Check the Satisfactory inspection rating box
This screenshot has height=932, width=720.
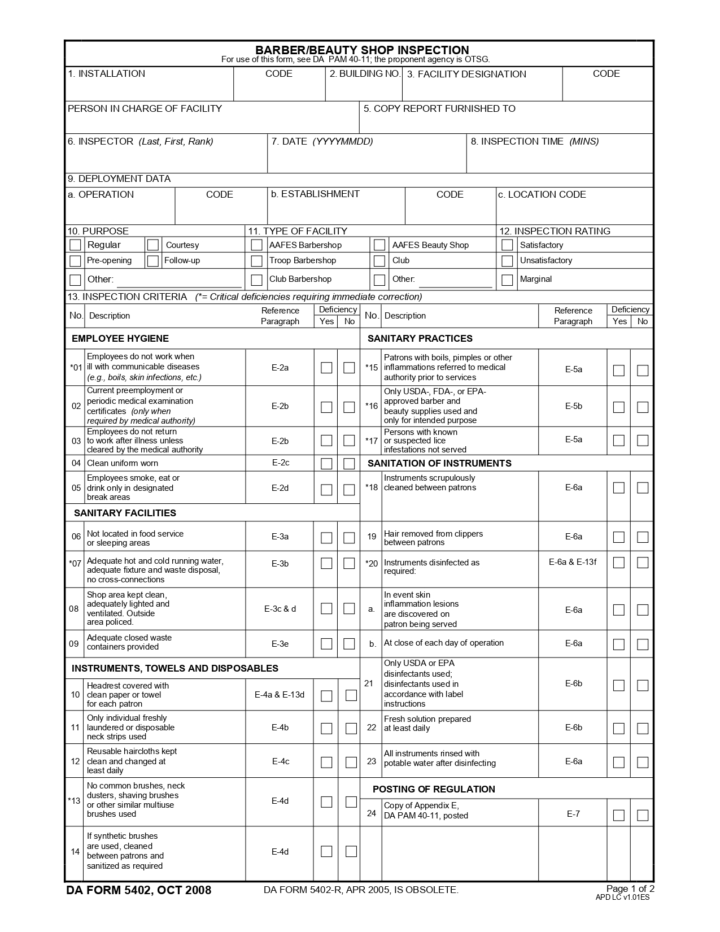pos(507,245)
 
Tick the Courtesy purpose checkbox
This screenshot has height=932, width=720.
pos(152,245)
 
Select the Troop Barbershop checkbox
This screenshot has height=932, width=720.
pos(256,261)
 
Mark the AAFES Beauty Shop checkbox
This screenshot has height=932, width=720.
pos(379,245)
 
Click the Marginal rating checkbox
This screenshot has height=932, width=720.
pos(507,280)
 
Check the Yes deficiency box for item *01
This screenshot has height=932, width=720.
pos(326,368)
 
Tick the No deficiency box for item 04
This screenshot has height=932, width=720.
pos(349,464)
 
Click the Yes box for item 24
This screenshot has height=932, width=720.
pos(619,815)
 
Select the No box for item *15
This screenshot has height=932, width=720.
pos(643,371)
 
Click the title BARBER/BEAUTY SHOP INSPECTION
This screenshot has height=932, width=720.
pos(362,50)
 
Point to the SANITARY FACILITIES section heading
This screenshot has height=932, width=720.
pos(125,513)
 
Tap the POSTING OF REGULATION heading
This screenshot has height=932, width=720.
pos(434,789)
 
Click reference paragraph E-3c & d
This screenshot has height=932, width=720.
pos(280,609)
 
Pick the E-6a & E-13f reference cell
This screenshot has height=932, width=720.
pos(573,562)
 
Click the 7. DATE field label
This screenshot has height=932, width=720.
pos(322,141)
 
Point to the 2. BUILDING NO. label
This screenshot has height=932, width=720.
pos(365,74)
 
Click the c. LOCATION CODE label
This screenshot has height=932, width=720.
pos(542,194)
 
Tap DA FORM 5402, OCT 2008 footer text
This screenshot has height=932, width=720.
pos(139,891)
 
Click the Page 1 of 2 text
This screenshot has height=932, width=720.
pos(630,889)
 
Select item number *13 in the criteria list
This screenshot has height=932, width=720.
pos(75,800)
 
